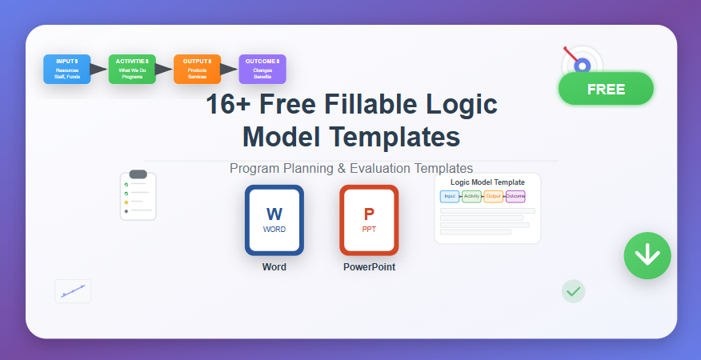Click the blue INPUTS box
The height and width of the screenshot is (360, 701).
[67, 70]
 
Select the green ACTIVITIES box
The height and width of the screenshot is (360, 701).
[132, 70]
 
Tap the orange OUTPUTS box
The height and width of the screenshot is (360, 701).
[197, 70]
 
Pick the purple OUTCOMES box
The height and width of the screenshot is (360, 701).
[262, 70]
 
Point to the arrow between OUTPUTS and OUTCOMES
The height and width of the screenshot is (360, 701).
[230, 70]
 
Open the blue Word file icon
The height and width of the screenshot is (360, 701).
[274, 220]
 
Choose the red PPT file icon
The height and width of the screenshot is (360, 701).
[369, 220]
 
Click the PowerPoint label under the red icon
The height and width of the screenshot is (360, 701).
[369, 267]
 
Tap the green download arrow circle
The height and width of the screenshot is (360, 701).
[647, 256]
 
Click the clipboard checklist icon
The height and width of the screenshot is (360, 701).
[138, 195]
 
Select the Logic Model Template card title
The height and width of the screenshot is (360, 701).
[487, 182]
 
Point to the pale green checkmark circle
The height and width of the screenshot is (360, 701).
[573, 292]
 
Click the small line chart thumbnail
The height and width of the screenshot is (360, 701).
[73, 291]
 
